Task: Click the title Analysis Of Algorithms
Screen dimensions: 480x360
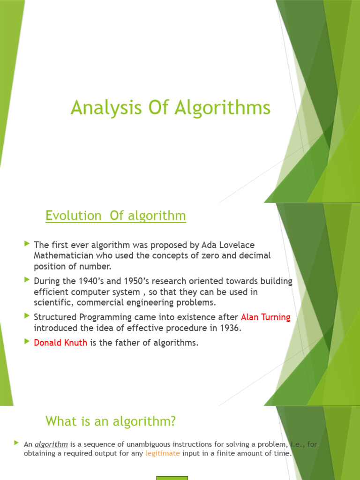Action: pos(171,108)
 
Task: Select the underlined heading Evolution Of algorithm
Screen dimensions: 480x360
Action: pos(116,216)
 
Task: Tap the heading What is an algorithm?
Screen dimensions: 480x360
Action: pos(111,421)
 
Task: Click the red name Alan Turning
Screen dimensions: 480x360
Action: pos(266,317)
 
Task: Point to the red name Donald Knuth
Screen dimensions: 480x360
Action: pos(60,343)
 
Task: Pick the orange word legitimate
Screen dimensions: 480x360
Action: pos(163,453)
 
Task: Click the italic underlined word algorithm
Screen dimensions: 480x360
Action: pos(52,444)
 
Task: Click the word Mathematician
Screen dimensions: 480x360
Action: pos(62,255)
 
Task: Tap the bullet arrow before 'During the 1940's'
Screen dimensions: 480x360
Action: pos(27,280)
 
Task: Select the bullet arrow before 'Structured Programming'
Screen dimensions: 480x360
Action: pos(27,316)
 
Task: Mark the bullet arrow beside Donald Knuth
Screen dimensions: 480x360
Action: pos(27,342)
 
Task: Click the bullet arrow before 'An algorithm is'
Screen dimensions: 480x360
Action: pos(16,443)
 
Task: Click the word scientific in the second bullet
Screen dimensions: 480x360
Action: pos(52,302)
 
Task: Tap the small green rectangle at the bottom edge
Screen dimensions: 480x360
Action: pos(172,478)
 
